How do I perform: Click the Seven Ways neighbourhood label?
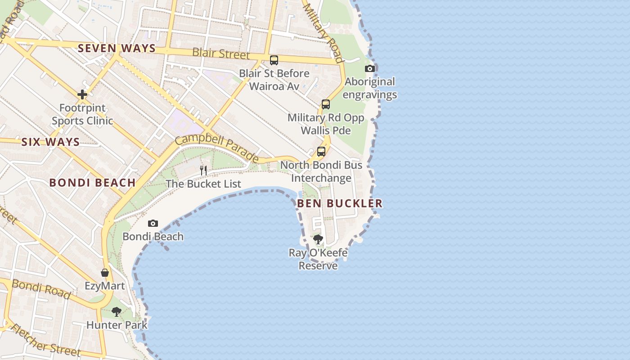(117, 49)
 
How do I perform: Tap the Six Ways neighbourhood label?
(50, 142)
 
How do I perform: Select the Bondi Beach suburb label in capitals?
(92, 183)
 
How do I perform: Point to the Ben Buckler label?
(340, 203)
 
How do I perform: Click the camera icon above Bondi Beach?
(153, 223)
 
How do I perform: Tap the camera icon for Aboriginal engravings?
(370, 68)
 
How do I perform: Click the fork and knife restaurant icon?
(203, 170)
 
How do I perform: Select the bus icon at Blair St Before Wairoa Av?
(274, 60)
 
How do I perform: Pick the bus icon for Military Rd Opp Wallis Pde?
(326, 104)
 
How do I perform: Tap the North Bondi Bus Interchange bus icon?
(321, 152)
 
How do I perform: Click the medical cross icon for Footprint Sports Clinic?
(82, 94)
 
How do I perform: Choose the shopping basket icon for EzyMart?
(105, 273)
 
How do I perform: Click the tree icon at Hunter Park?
(117, 311)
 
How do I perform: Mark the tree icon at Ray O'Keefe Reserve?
(318, 239)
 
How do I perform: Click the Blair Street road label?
(220, 54)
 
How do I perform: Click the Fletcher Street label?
(45, 341)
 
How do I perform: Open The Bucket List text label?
(203, 184)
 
